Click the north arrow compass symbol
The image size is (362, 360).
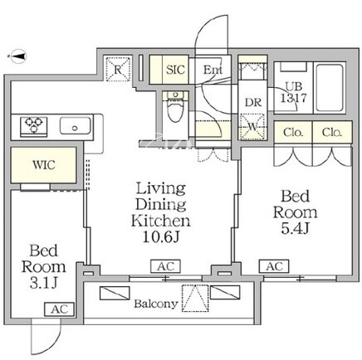(18, 56)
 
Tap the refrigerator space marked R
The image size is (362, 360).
(118, 69)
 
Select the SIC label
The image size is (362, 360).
(175, 70)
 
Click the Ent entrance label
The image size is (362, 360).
(213, 70)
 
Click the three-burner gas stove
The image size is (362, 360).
(34, 126)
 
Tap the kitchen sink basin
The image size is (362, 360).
(76, 126)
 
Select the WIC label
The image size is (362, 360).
(44, 165)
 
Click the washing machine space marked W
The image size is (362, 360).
(252, 127)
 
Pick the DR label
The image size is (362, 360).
(253, 103)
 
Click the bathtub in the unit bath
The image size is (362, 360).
(330, 88)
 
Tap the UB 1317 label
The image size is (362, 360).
(294, 92)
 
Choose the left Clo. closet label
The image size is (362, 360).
(293, 133)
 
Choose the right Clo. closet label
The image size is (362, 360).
(332, 133)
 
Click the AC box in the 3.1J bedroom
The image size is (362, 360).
(59, 309)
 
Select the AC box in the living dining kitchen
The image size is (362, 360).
(165, 266)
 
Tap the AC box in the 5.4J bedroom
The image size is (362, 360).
(274, 266)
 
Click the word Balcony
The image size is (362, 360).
(156, 304)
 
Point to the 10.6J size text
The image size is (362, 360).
(161, 236)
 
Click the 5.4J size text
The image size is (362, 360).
(295, 228)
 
